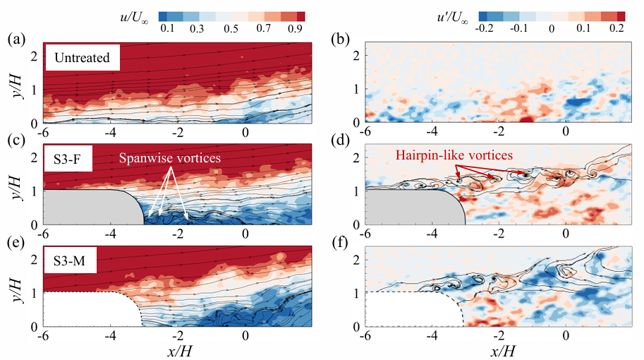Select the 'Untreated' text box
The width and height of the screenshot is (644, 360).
(81, 57)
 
